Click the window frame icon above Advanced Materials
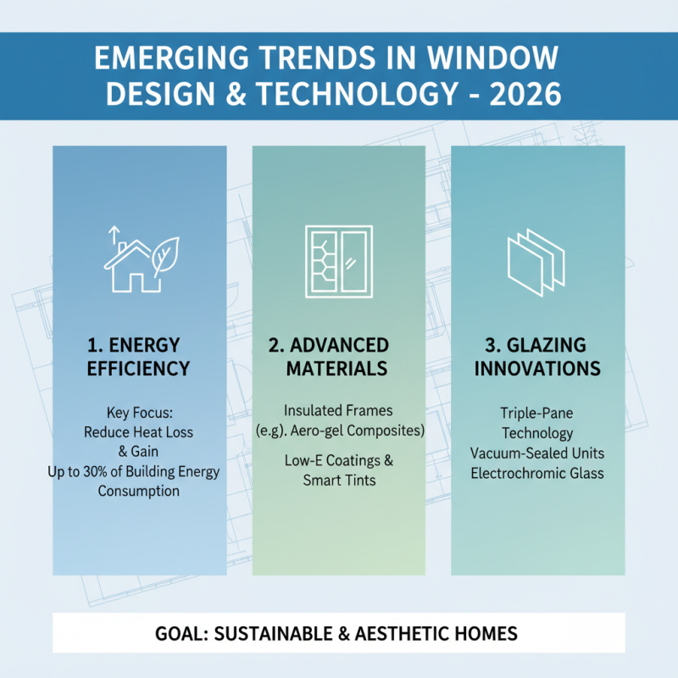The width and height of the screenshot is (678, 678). pyautogui.click(x=339, y=261)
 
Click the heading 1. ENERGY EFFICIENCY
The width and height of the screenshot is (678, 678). pyautogui.click(x=140, y=357)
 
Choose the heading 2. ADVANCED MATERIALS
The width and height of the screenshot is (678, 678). pyautogui.click(x=337, y=357)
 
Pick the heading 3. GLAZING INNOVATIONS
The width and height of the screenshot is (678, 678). pyautogui.click(x=537, y=357)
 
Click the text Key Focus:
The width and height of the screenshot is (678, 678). pyautogui.click(x=139, y=413)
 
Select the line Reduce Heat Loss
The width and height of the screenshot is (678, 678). pyautogui.click(x=139, y=432)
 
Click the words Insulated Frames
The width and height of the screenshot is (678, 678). pyautogui.click(x=338, y=410)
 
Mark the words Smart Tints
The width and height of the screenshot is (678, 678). pyautogui.click(x=338, y=480)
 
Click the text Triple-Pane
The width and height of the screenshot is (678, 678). pyautogui.click(x=537, y=414)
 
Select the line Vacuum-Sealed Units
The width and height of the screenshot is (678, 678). pyautogui.click(x=537, y=453)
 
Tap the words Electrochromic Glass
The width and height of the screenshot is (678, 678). pyautogui.click(x=537, y=472)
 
